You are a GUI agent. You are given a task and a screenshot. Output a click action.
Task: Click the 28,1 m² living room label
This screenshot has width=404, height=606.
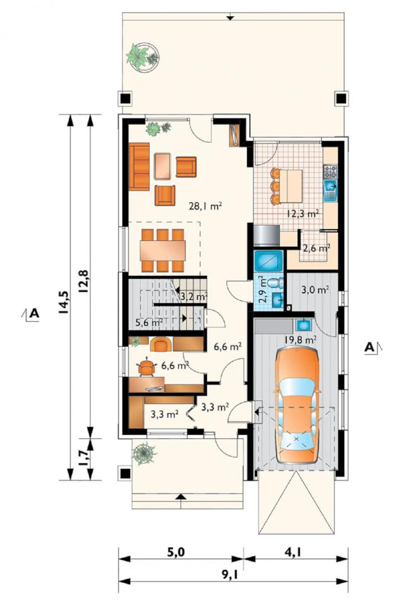[x=205, y=206]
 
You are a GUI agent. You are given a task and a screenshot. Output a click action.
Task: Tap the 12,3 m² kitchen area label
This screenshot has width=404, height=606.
[x=302, y=213]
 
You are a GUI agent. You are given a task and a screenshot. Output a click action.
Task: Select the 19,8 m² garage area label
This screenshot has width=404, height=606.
[x=301, y=340]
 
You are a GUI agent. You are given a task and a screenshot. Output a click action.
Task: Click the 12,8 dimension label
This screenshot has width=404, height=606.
[x=84, y=281]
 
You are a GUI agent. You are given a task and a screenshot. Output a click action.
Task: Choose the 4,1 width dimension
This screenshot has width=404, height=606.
[x=293, y=553]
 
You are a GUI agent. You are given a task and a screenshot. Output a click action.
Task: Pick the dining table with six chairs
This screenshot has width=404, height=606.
[x=163, y=250]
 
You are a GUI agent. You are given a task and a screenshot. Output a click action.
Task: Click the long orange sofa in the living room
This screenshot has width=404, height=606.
[x=139, y=167]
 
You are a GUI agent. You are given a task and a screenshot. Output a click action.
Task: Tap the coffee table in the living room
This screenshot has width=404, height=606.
[x=162, y=166]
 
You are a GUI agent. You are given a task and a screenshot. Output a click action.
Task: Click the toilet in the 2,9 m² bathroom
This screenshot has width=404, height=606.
[x=277, y=283]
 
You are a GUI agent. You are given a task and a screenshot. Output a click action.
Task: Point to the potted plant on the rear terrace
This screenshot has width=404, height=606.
[x=143, y=57]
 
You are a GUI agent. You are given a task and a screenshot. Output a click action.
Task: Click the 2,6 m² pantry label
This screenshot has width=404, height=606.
[x=316, y=248]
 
